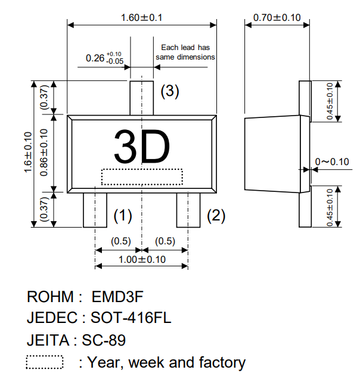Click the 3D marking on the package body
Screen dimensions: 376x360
(x=142, y=148)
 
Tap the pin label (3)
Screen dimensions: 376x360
(x=169, y=91)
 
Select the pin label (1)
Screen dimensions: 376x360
(x=122, y=215)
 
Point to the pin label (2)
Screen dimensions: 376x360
(x=216, y=216)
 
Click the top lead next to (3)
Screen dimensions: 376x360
(x=141, y=98)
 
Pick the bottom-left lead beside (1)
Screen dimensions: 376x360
(x=95, y=209)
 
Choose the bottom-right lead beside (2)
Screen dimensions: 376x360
(x=188, y=209)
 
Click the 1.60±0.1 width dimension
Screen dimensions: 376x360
(x=141, y=18)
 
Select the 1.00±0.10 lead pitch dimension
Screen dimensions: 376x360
(x=141, y=259)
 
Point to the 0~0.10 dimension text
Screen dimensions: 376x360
(x=332, y=161)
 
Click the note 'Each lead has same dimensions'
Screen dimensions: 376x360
(x=185, y=52)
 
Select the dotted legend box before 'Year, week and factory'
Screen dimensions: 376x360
(x=45, y=362)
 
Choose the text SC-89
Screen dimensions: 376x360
(x=104, y=340)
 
